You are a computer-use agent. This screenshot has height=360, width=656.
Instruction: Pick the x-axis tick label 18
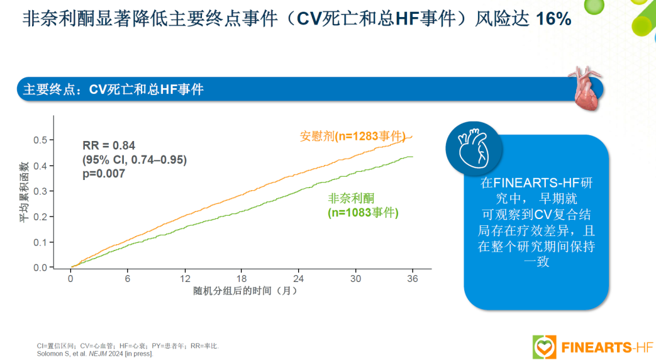242,279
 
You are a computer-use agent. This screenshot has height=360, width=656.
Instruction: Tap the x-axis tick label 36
413,279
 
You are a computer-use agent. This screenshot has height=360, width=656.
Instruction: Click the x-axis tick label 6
128,279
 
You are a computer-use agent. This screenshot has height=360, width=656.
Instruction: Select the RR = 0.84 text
109,145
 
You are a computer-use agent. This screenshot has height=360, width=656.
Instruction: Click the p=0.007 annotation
104,174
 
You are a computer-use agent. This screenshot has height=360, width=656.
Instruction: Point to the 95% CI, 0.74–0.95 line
135,160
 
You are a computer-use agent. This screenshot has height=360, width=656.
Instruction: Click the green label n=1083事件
364,213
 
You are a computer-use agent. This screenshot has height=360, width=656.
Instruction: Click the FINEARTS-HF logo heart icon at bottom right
544,347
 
